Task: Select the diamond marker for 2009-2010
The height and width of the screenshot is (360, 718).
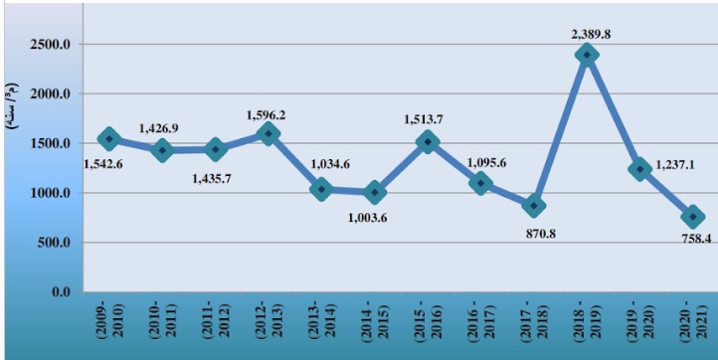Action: pyautogui.click(x=108, y=139)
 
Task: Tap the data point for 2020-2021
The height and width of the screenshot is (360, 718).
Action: pyautogui.click(x=693, y=217)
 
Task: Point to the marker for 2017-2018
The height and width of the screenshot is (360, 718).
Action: pyautogui.click(x=534, y=205)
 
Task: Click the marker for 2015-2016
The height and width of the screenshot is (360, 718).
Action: pyautogui.click(x=428, y=142)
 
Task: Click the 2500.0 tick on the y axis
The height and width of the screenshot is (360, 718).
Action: pyautogui.click(x=52, y=45)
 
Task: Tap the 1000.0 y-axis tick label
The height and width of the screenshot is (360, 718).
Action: pyautogui.click(x=52, y=193)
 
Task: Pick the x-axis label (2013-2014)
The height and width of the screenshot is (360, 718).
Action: pyautogui.click(x=320, y=323)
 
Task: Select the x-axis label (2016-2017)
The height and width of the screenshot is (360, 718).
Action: pyautogui.click(x=480, y=323)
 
